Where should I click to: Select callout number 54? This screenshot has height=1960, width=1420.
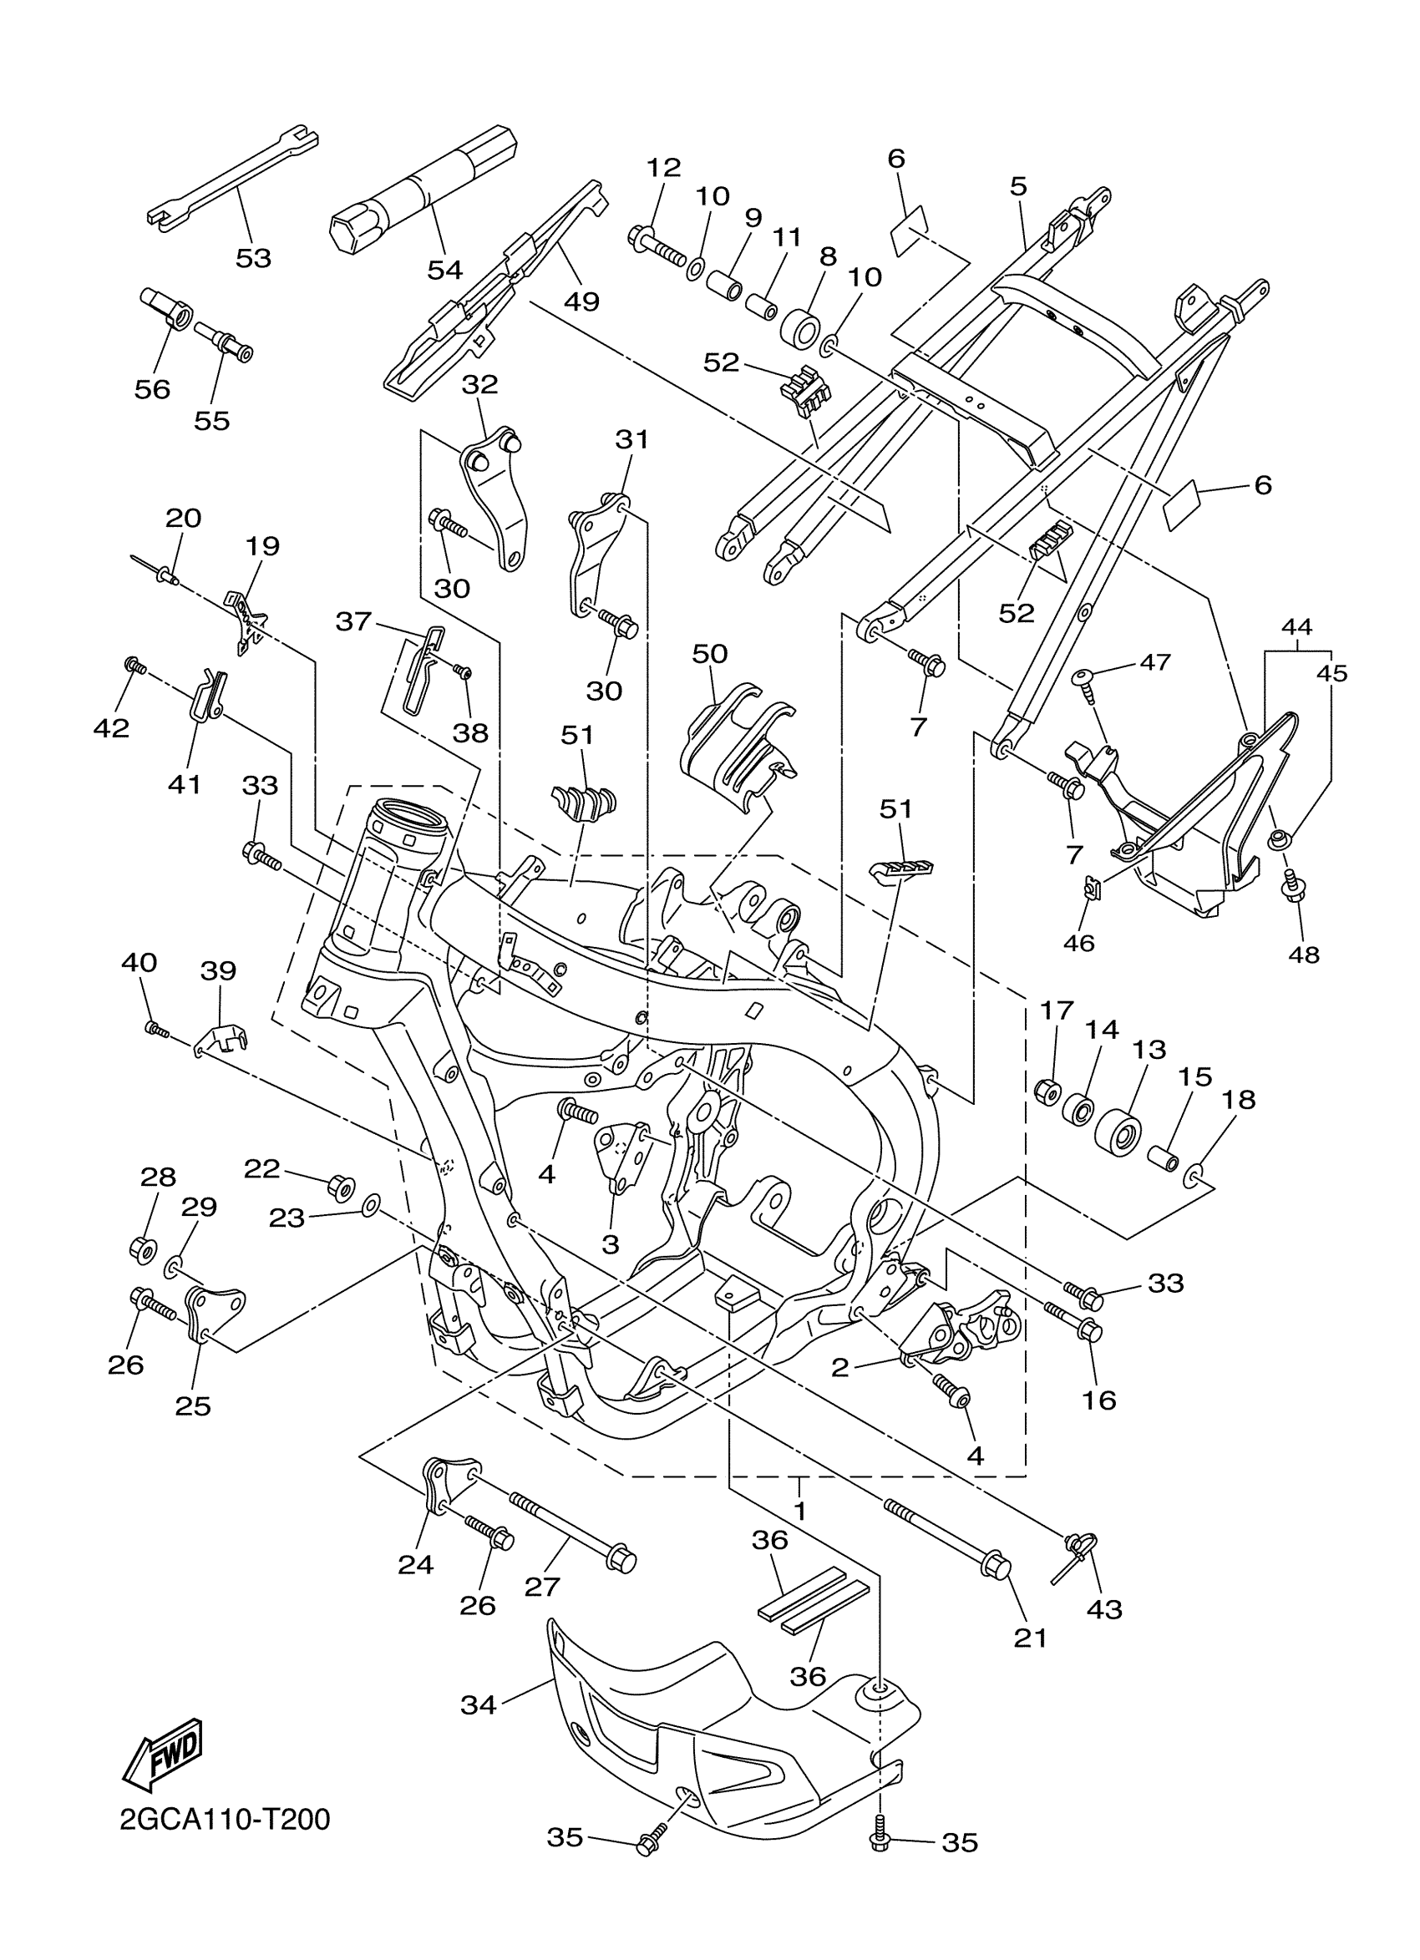[445, 270]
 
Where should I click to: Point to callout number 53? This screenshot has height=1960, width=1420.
[253, 257]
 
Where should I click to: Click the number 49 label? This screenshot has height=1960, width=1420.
[581, 301]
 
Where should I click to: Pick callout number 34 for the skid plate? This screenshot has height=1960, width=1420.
[478, 1705]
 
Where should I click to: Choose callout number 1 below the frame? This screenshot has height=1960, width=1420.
[799, 1511]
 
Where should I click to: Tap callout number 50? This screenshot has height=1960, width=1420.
[709, 653]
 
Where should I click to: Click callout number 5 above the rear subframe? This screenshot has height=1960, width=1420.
[1018, 185]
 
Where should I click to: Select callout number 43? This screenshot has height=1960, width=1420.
[1104, 1609]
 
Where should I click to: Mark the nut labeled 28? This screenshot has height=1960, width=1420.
[142, 1248]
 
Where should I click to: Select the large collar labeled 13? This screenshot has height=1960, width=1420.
[1118, 1132]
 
